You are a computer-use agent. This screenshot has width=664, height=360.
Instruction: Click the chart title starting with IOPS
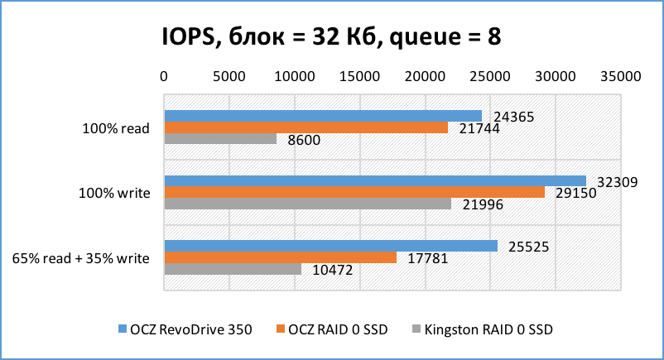331,36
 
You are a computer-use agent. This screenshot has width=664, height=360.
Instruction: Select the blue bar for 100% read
323,116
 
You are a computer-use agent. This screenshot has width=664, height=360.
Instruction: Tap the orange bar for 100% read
306,127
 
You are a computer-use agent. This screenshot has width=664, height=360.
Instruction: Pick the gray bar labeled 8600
220,139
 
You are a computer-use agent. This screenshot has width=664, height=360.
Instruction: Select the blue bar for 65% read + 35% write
331,246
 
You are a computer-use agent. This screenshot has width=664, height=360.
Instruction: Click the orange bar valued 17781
281,257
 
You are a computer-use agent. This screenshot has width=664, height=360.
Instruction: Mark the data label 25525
528,247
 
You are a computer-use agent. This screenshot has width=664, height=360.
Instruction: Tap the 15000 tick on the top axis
359,76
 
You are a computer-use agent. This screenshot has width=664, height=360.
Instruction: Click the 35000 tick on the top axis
620,76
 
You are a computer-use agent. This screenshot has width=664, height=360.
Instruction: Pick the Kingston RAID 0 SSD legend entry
481,329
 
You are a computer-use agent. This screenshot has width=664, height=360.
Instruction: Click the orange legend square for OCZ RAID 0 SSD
279,330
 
